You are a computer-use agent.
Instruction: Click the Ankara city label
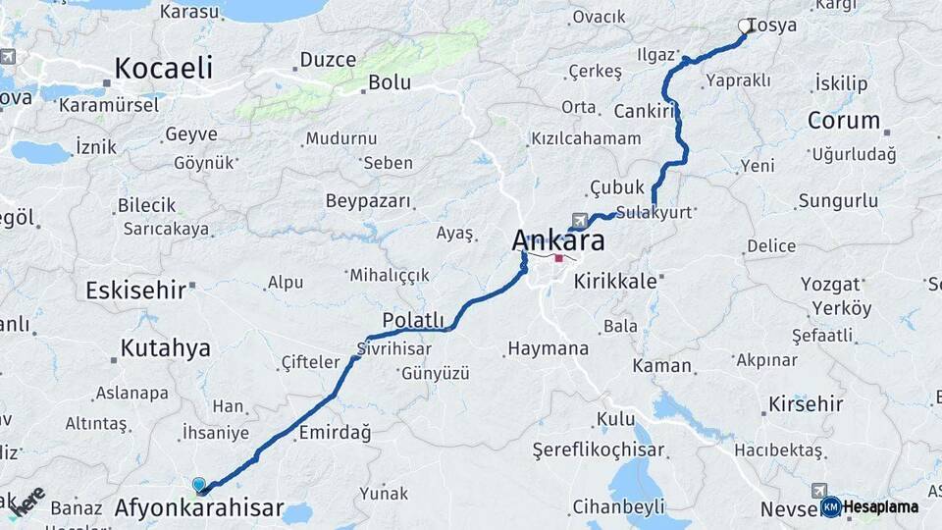(558, 241)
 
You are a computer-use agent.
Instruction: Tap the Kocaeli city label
(163, 68)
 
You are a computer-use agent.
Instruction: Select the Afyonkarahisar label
(199, 508)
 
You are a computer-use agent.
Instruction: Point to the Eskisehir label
(135, 290)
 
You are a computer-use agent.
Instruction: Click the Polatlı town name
(413, 321)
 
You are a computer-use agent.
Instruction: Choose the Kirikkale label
(616, 281)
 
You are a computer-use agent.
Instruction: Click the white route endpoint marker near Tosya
(745, 26)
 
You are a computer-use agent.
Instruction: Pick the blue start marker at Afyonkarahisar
(199, 485)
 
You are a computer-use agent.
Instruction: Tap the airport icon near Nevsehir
(819, 490)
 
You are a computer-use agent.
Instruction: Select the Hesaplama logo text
(880, 507)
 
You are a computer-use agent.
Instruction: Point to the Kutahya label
(165, 347)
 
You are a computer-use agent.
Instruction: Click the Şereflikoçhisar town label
(601, 450)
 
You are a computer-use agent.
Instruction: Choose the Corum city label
(843, 121)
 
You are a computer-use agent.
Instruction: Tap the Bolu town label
(390, 82)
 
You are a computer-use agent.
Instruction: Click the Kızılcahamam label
(586, 138)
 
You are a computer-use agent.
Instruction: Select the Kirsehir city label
(806, 403)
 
